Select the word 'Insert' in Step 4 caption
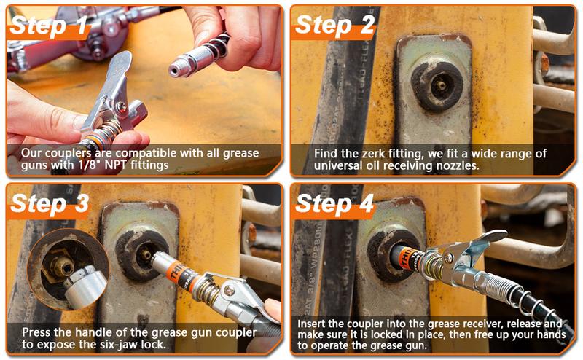tap(314, 323)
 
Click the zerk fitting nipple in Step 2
tap(441, 85)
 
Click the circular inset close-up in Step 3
tap(67, 269)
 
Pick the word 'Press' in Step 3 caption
tap(36, 332)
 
